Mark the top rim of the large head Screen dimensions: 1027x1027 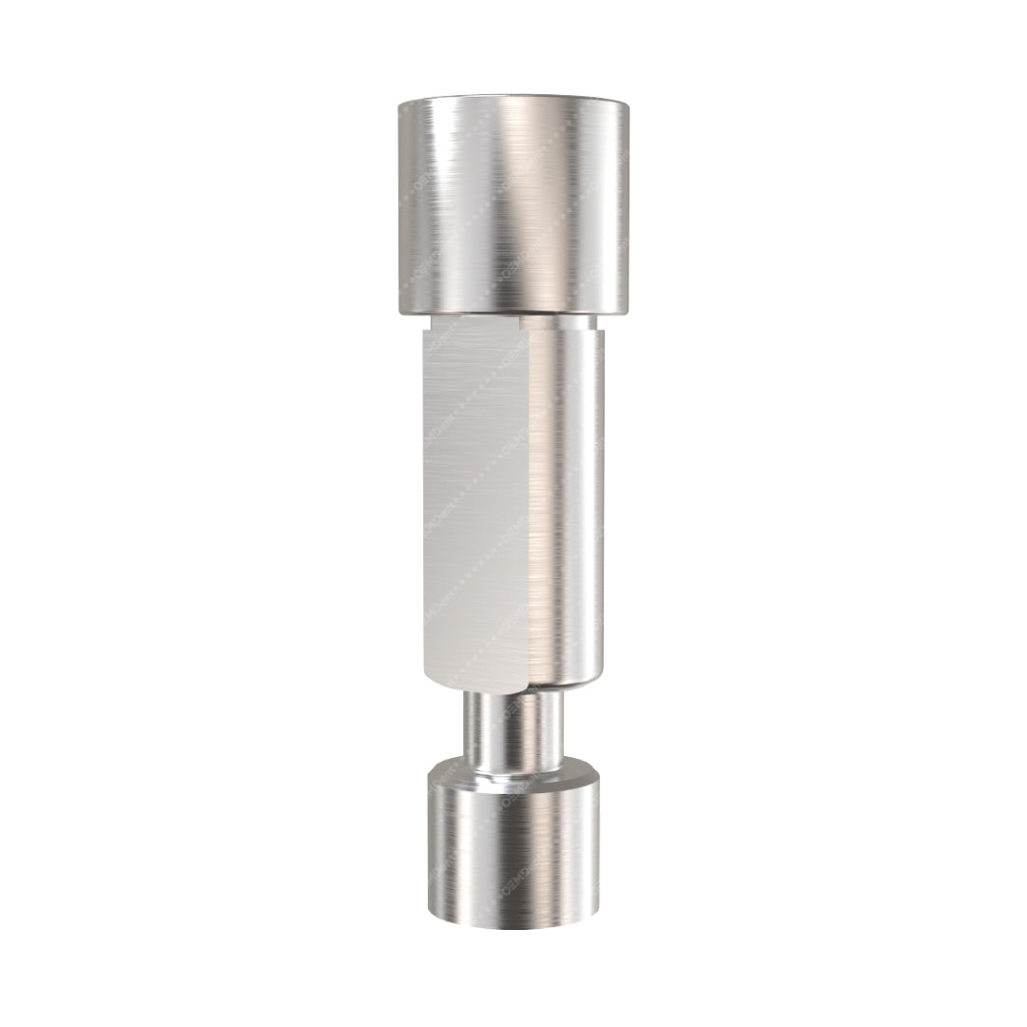[513, 102]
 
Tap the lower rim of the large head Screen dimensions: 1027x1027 [513, 311]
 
